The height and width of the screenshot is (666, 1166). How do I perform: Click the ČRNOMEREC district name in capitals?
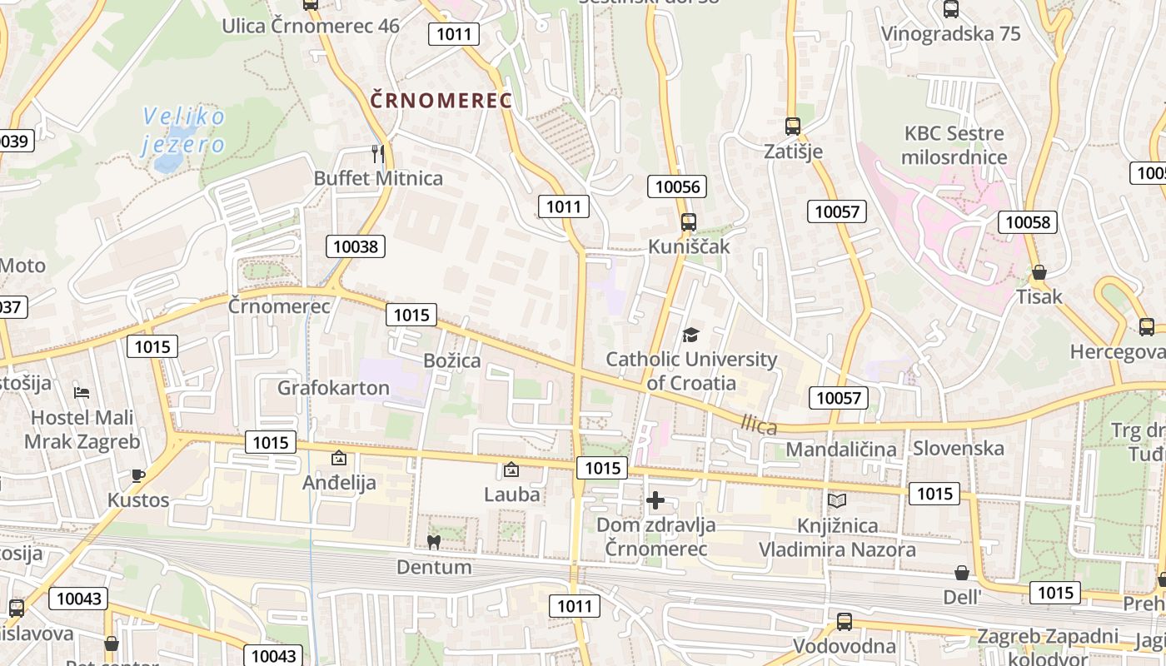coord(441,102)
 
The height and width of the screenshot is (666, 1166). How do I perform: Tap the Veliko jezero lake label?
coord(183,131)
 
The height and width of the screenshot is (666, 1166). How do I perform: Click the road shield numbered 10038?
coord(356,246)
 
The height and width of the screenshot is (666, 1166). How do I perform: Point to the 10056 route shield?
coord(677,186)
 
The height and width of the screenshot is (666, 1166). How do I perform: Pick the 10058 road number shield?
coord(1029,222)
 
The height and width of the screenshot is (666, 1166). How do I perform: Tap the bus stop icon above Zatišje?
coord(793,127)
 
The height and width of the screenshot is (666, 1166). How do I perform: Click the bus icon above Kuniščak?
coord(689,222)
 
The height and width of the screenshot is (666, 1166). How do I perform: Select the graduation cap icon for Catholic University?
coord(690,335)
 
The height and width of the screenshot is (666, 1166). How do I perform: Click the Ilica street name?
coord(759,426)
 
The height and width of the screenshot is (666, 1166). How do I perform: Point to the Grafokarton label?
coord(333,388)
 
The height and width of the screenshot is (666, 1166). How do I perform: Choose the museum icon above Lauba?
coord(511,470)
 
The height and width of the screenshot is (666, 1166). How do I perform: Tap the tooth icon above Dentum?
coord(433,542)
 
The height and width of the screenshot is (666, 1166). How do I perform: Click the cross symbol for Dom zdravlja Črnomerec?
coord(655,500)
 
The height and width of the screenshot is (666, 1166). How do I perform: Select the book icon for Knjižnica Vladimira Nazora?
coord(837,500)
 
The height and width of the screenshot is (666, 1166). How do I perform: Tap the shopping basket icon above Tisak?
coord(1039,272)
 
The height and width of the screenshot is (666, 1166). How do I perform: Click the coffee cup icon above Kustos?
coord(138,475)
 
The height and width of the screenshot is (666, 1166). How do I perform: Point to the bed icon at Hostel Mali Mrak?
coord(81,393)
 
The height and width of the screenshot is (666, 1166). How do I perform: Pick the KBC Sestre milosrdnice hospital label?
coord(955,145)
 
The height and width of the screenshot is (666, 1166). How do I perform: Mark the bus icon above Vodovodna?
coord(844,621)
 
